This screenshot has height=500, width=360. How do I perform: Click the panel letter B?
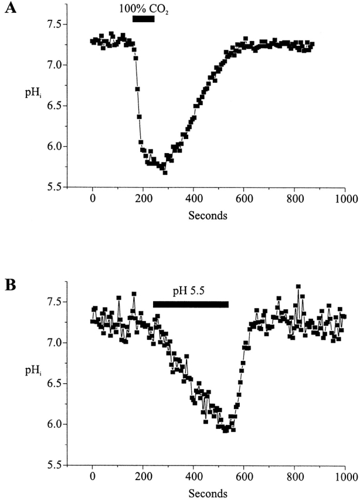pyautogui.click(x=9, y=286)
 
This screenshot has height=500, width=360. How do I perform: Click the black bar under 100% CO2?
pyautogui.click(x=144, y=19)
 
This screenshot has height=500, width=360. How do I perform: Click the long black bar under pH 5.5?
pyautogui.click(x=191, y=304)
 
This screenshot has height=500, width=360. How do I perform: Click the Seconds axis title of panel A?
pyautogui.click(x=208, y=215)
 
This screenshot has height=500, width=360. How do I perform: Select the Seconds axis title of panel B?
pyautogui.click(x=208, y=494)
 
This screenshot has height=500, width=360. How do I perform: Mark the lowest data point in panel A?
pyautogui.click(x=165, y=173)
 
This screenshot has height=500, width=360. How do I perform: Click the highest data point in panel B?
pyautogui.click(x=298, y=286)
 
